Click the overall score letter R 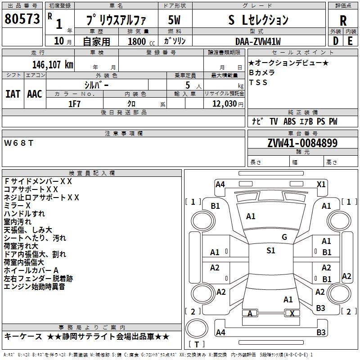click(343, 20)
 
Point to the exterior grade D click(335, 40)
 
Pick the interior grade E click(351, 40)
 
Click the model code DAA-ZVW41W click(258, 41)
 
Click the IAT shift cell click(13, 94)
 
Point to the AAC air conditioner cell click(35, 94)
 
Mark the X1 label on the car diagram click(321, 184)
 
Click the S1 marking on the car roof click(270, 251)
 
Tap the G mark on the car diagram click(284, 237)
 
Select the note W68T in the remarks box click(19, 143)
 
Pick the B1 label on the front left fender click(216, 206)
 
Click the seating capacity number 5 click(187, 85)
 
